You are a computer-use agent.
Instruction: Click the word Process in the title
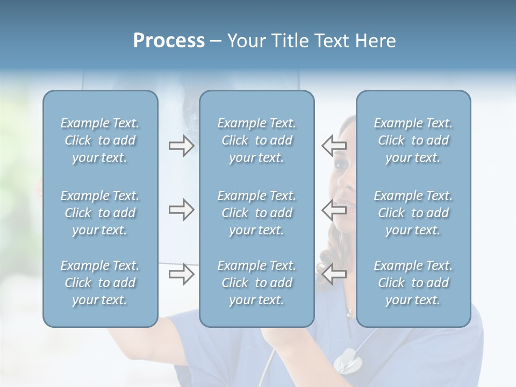click(169, 41)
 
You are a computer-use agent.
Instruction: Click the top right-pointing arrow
click(181, 146)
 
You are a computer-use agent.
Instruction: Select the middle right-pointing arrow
click(181, 210)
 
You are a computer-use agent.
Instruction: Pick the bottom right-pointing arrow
click(181, 274)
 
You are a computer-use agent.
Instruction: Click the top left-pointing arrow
click(334, 146)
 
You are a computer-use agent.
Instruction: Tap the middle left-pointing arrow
click(334, 210)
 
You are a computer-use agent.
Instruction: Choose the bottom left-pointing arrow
click(334, 274)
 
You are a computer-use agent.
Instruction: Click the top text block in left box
click(100, 140)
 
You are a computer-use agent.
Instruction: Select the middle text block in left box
click(100, 213)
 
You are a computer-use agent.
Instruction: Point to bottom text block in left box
click(100, 283)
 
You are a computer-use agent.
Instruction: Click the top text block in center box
click(256, 140)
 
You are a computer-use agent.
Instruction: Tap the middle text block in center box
click(256, 213)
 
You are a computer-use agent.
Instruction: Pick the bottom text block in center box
click(256, 283)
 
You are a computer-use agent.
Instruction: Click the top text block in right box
click(413, 140)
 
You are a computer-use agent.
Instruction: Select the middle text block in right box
click(413, 213)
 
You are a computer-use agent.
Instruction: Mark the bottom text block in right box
click(413, 283)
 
